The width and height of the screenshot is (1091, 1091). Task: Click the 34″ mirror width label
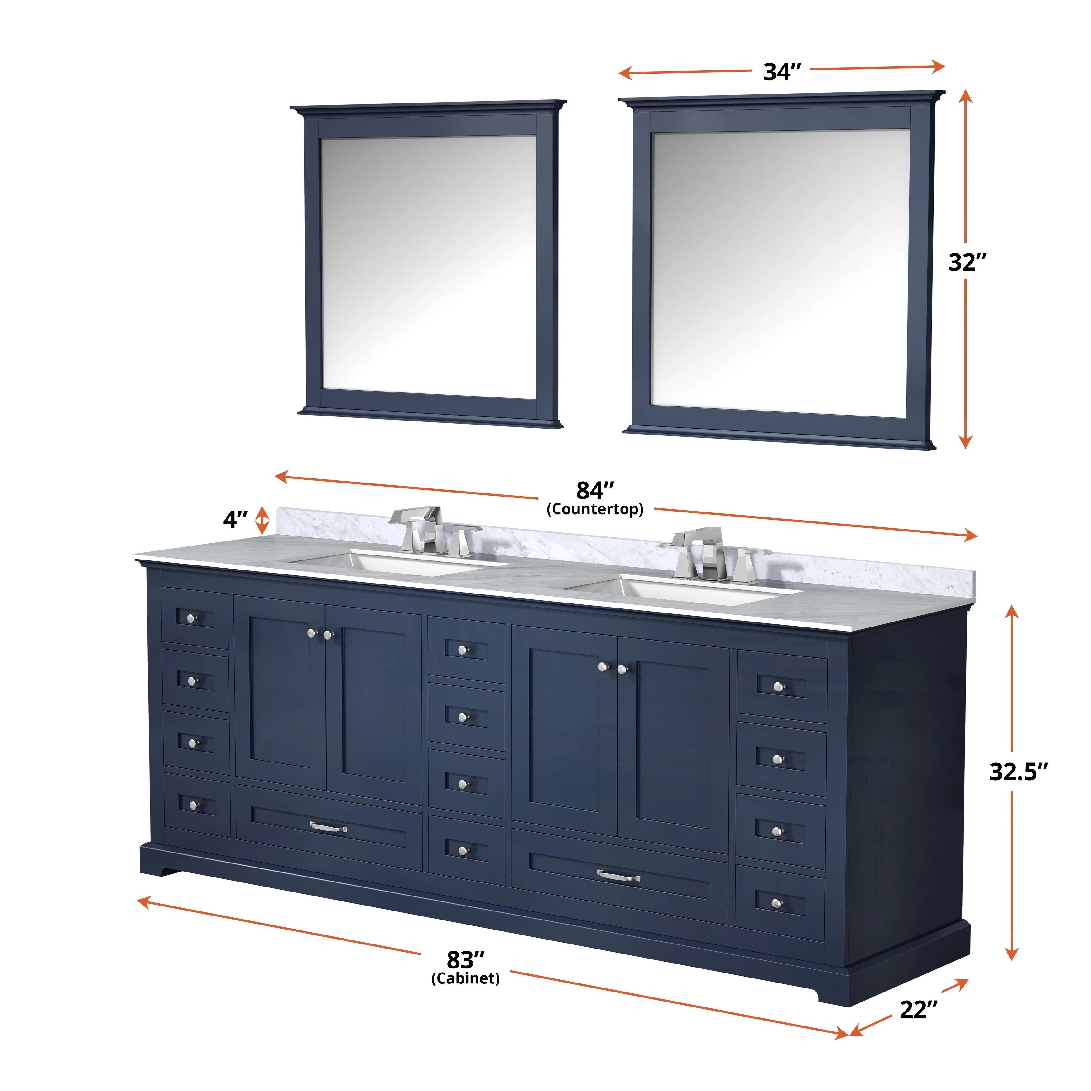(782, 72)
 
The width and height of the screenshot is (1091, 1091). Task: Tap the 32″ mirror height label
(967, 262)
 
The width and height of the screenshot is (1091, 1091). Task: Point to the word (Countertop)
(595, 509)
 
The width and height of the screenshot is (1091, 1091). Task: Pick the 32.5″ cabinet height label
(1018, 771)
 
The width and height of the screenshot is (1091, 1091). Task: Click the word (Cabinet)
(465, 978)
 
